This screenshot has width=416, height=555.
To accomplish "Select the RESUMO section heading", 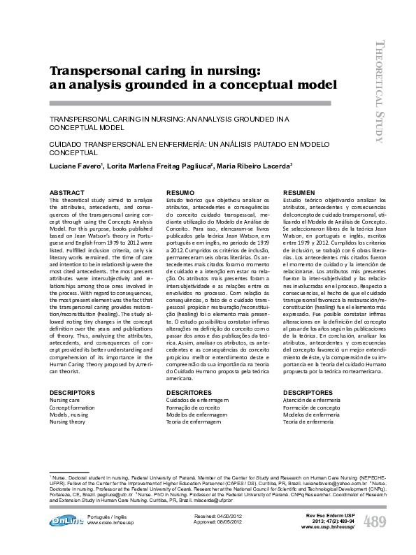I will pyautogui.click(x=179, y=192).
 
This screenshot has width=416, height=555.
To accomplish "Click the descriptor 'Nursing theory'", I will pyautogui.click(x=67, y=422).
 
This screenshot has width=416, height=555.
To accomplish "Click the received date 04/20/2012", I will pyautogui.click(x=228, y=515).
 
